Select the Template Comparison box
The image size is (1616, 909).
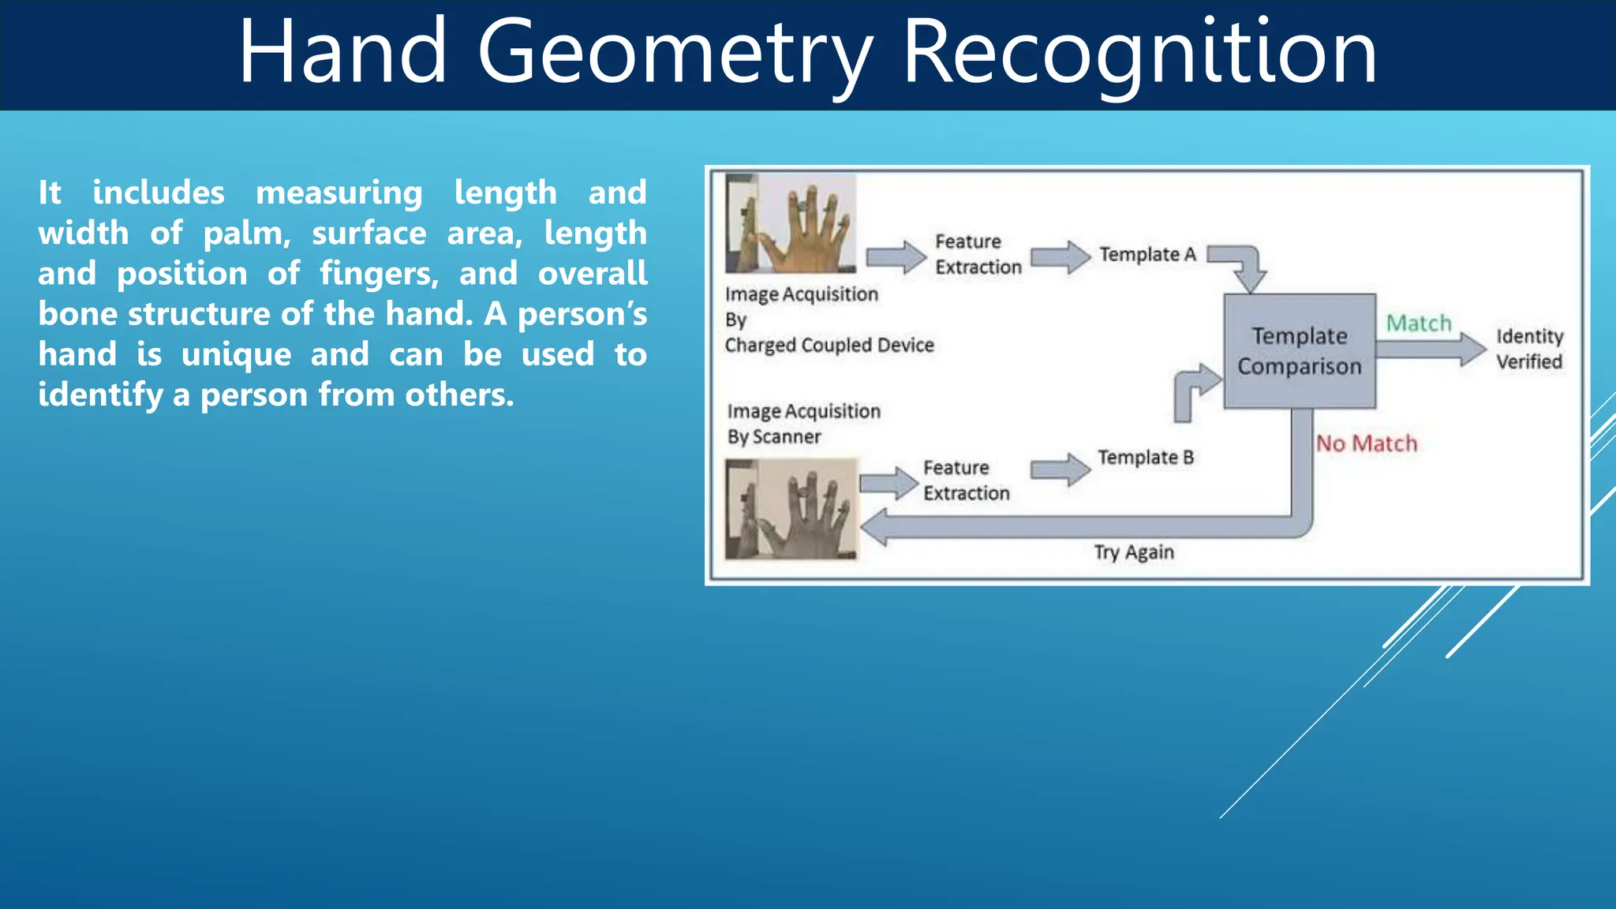(1300, 351)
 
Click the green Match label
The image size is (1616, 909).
(1419, 324)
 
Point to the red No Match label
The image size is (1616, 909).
(1367, 443)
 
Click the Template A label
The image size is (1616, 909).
(1147, 254)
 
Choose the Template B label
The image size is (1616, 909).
(1146, 458)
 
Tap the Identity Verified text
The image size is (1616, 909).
(1529, 349)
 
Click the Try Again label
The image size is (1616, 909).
(1134, 552)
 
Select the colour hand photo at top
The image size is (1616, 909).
(791, 223)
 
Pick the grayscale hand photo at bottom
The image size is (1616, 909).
(791, 509)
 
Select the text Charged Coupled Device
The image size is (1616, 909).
(829, 346)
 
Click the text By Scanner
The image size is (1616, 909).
(774, 437)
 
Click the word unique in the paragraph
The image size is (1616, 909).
(236, 354)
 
